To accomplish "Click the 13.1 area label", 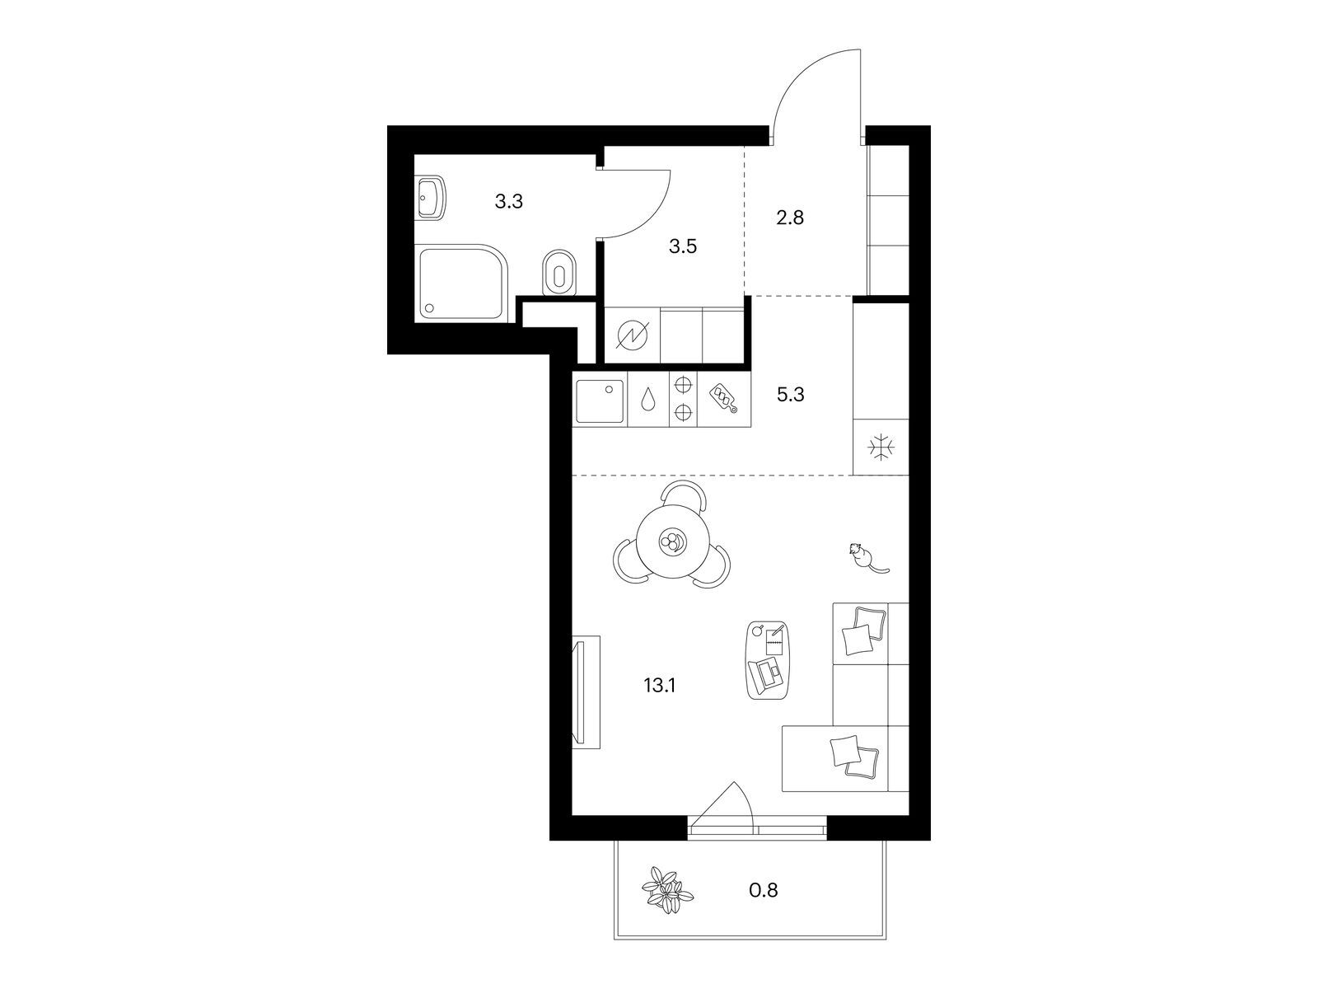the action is pyautogui.click(x=660, y=685).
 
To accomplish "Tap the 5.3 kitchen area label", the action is pyautogui.click(x=790, y=395).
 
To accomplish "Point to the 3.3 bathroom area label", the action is pyautogui.click(x=508, y=202).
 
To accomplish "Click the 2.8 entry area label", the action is pyautogui.click(x=790, y=218).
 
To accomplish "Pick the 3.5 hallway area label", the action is pyautogui.click(x=683, y=246).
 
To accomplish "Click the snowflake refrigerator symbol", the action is pyautogui.click(x=881, y=448).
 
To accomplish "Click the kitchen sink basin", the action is pyautogui.click(x=600, y=401).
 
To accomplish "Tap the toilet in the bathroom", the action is pyautogui.click(x=559, y=274).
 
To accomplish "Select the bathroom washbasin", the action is pyautogui.click(x=431, y=197).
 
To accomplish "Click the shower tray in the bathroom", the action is pyautogui.click(x=463, y=283).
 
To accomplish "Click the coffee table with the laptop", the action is pyautogui.click(x=768, y=660).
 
